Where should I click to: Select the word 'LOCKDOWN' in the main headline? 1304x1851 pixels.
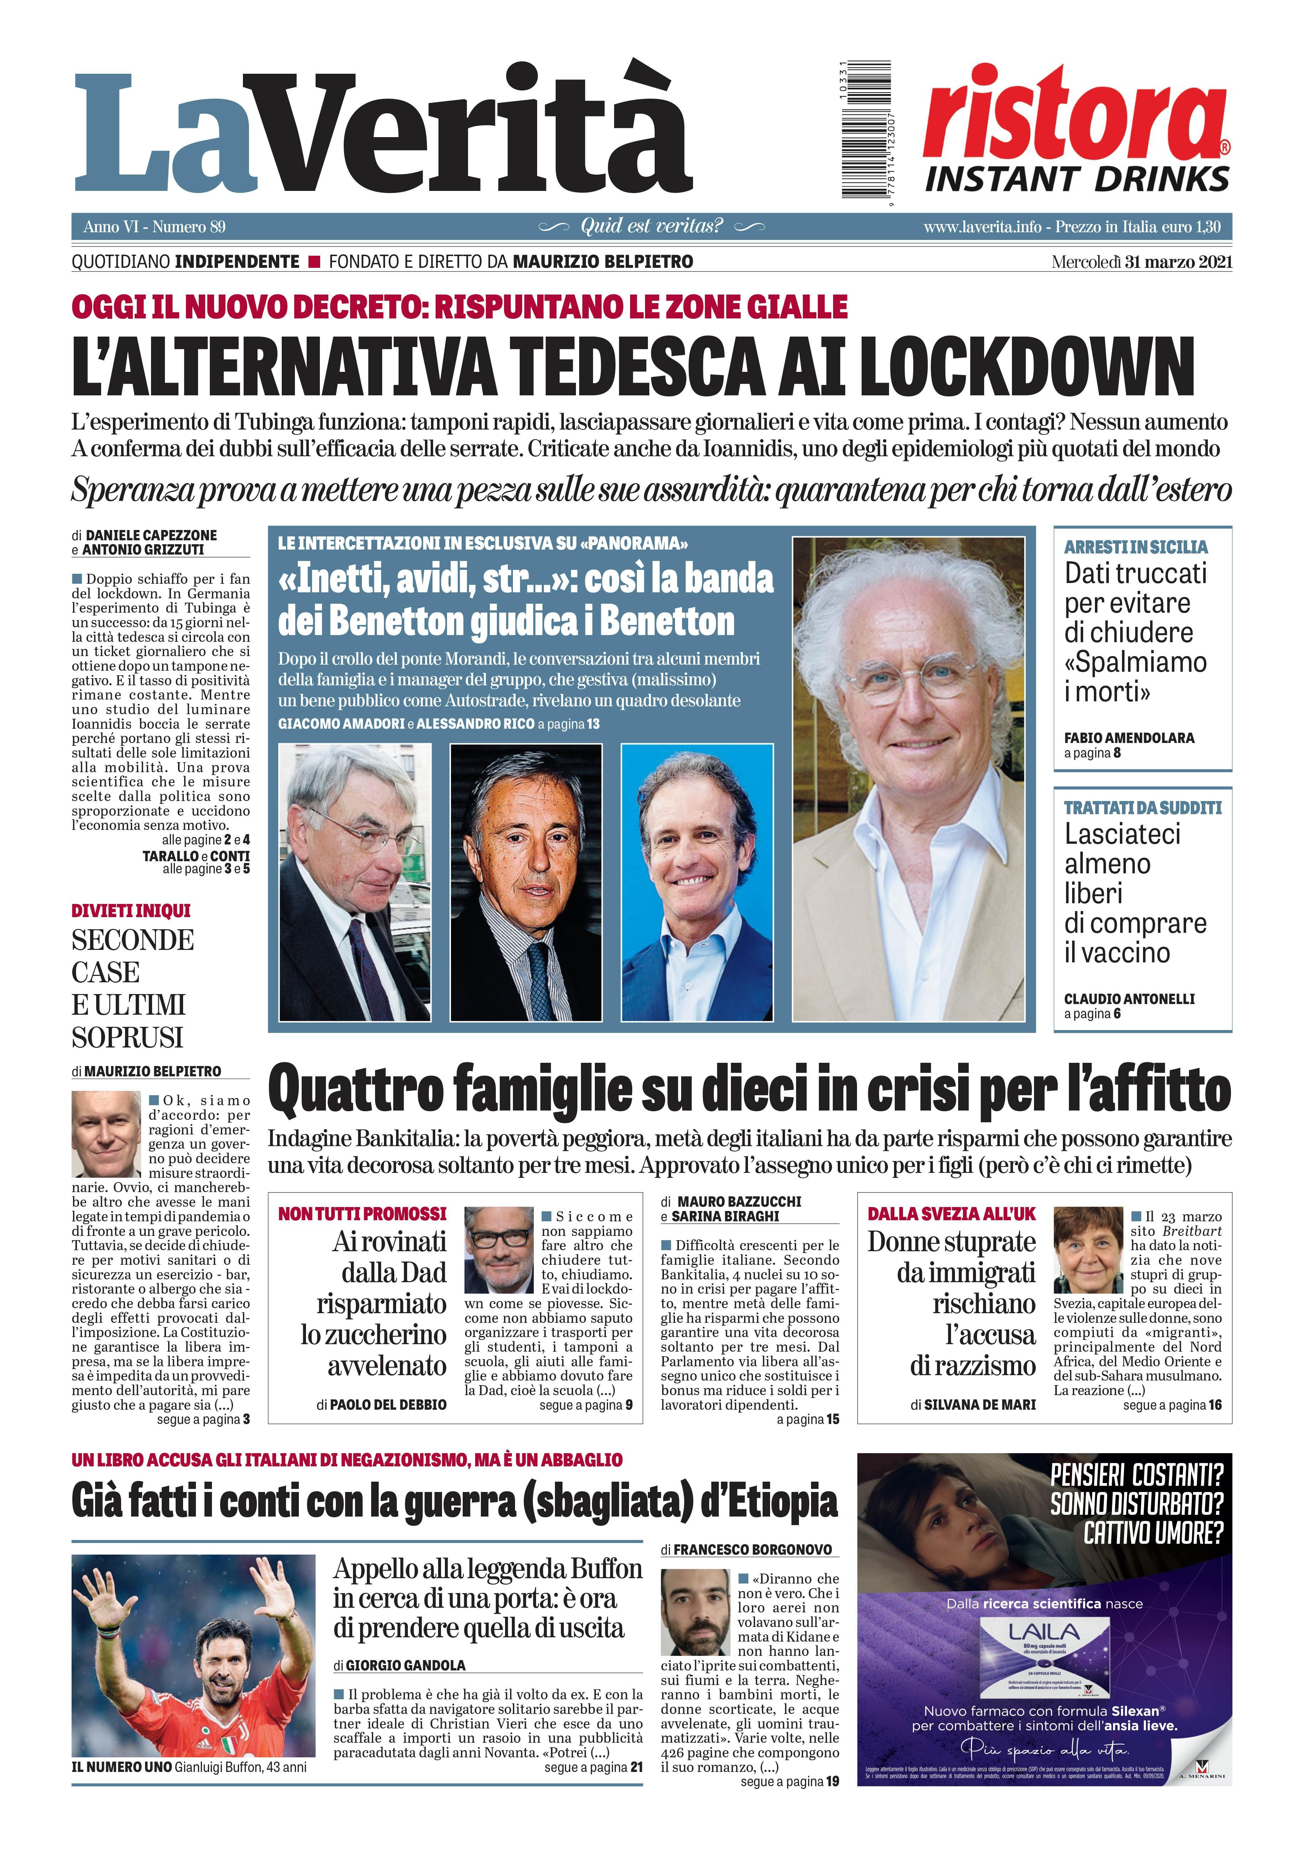pos(1026,367)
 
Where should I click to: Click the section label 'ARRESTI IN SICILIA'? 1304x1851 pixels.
pos(1136,547)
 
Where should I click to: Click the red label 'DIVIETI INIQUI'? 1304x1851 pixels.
pos(131,910)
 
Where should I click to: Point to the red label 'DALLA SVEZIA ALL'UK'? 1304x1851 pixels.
pos(952,1214)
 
